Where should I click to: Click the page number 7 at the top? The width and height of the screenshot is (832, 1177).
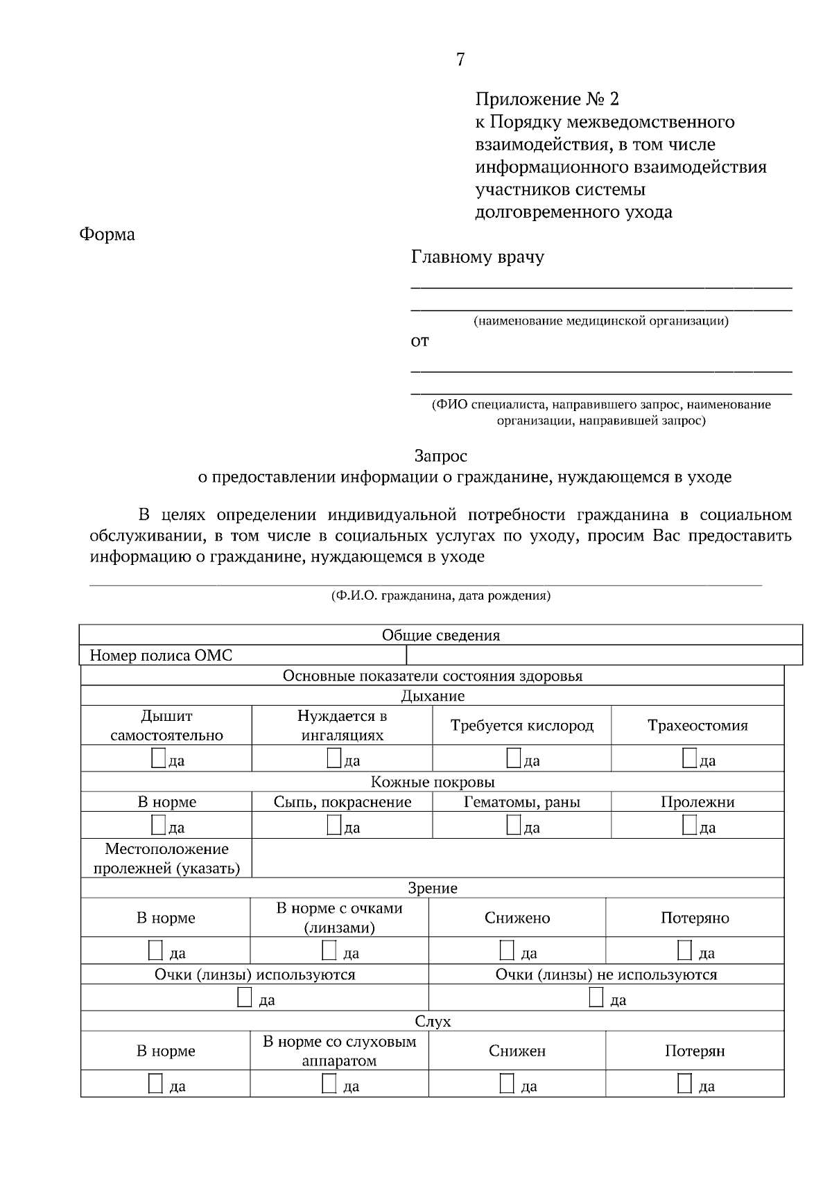click(x=460, y=60)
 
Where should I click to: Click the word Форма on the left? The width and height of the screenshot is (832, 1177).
click(x=107, y=234)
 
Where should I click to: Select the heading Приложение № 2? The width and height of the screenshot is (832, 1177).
click(x=546, y=99)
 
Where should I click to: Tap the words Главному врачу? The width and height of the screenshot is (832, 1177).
click(x=478, y=257)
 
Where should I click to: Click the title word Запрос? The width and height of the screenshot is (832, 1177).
click(x=440, y=456)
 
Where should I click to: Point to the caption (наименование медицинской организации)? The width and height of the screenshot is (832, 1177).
click(x=600, y=321)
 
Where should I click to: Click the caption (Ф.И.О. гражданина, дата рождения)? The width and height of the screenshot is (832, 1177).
click(x=440, y=595)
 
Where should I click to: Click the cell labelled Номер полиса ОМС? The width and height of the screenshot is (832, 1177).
click(x=161, y=656)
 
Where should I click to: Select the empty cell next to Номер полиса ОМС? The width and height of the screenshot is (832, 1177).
click(x=603, y=656)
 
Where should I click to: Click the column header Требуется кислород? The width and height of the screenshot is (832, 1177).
click(x=521, y=726)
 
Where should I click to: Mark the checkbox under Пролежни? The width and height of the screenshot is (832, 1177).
click(x=689, y=824)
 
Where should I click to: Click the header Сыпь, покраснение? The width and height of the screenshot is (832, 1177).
click(x=342, y=802)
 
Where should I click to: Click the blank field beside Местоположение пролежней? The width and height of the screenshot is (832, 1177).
click(x=517, y=858)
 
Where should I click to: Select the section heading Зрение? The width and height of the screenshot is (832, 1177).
click(x=432, y=888)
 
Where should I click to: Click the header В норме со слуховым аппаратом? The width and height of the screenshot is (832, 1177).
click(x=339, y=1051)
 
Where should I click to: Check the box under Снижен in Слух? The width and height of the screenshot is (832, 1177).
click(x=508, y=1083)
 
